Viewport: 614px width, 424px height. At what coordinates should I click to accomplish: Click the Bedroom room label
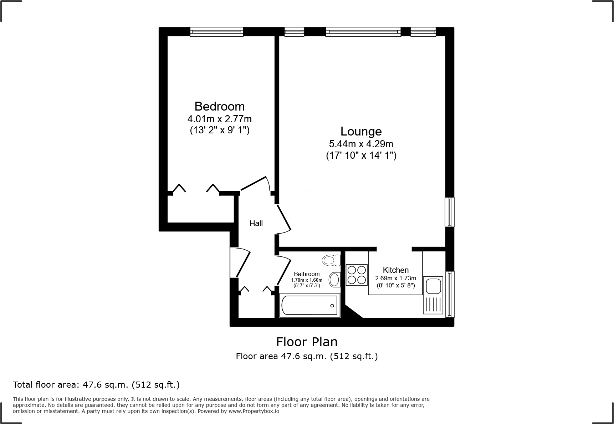[219, 106]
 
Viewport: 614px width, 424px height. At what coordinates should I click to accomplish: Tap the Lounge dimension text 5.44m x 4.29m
[361, 144]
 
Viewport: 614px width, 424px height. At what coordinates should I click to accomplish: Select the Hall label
[256, 224]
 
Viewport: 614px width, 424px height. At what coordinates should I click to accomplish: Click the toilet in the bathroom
[332, 260]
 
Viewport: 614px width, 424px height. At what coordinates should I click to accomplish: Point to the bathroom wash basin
[334, 280]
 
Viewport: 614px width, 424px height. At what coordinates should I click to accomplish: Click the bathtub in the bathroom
[309, 306]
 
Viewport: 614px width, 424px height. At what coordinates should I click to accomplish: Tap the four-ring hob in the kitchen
[357, 275]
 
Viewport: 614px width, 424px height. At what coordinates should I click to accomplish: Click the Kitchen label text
[395, 270]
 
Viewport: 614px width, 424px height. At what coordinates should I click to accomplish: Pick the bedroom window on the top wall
[216, 32]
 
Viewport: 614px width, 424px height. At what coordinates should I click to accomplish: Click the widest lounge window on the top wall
[363, 32]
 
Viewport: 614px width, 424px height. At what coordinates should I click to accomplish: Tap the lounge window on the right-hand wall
[450, 212]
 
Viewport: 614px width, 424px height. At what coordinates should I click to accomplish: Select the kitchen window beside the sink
[450, 294]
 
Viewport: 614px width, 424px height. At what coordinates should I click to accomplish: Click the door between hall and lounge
[284, 218]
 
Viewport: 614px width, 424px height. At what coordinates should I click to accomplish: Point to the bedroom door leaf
[254, 183]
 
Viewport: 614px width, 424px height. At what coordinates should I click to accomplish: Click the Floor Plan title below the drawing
[307, 342]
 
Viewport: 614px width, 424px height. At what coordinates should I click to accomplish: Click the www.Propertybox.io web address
[254, 411]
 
